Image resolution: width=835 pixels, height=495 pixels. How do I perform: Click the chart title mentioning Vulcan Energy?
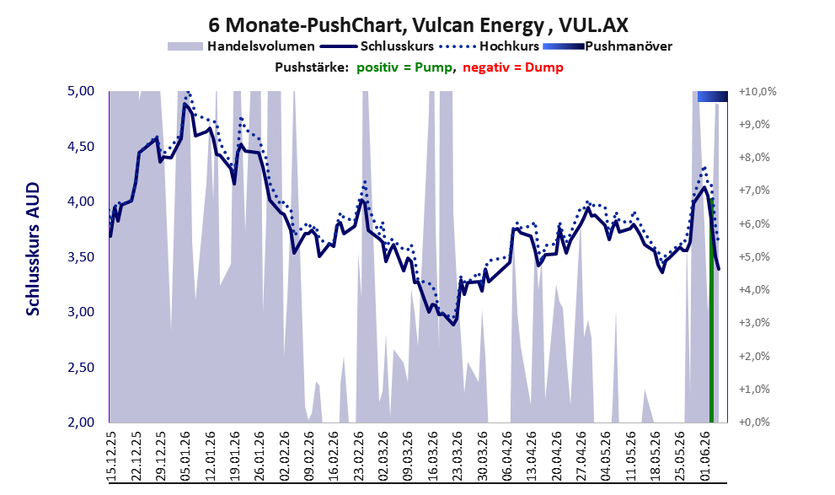[x=418, y=24]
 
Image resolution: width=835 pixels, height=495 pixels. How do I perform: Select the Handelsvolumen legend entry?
[x=241, y=46]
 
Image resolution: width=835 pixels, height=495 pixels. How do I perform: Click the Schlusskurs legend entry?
[x=377, y=46]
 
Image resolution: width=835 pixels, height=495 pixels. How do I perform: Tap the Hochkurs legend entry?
[x=489, y=46]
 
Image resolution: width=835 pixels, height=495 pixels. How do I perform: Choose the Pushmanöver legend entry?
[x=608, y=46]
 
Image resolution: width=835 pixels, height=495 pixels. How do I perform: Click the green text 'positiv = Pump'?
[x=405, y=67]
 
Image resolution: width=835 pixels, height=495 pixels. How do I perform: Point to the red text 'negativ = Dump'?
[x=513, y=67]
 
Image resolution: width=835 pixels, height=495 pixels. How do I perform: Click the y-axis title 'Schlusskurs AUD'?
[x=33, y=249]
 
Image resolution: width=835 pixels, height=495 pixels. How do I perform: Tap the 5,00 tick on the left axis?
[x=81, y=91]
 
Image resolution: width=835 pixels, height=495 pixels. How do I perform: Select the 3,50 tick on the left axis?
[x=81, y=257]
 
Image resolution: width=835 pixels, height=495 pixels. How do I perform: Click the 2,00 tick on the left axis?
[x=81, y=422]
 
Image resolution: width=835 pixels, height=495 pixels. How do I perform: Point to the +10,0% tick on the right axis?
[x=757, y=92]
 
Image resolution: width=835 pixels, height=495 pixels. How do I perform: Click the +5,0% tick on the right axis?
[x=755, y=257]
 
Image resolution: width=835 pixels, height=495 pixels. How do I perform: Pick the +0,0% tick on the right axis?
[x=755, y=422]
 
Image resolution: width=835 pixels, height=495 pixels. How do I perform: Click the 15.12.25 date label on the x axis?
[x=112, y=456]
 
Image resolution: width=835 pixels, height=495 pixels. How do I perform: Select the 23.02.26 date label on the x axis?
[x=360, y=456]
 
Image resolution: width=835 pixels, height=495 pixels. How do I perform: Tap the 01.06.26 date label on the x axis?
[x=706, y=456]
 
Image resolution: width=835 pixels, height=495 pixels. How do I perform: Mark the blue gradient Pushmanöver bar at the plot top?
[x=713, y=96]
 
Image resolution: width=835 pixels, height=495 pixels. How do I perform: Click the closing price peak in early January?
[x=185, y=104]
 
